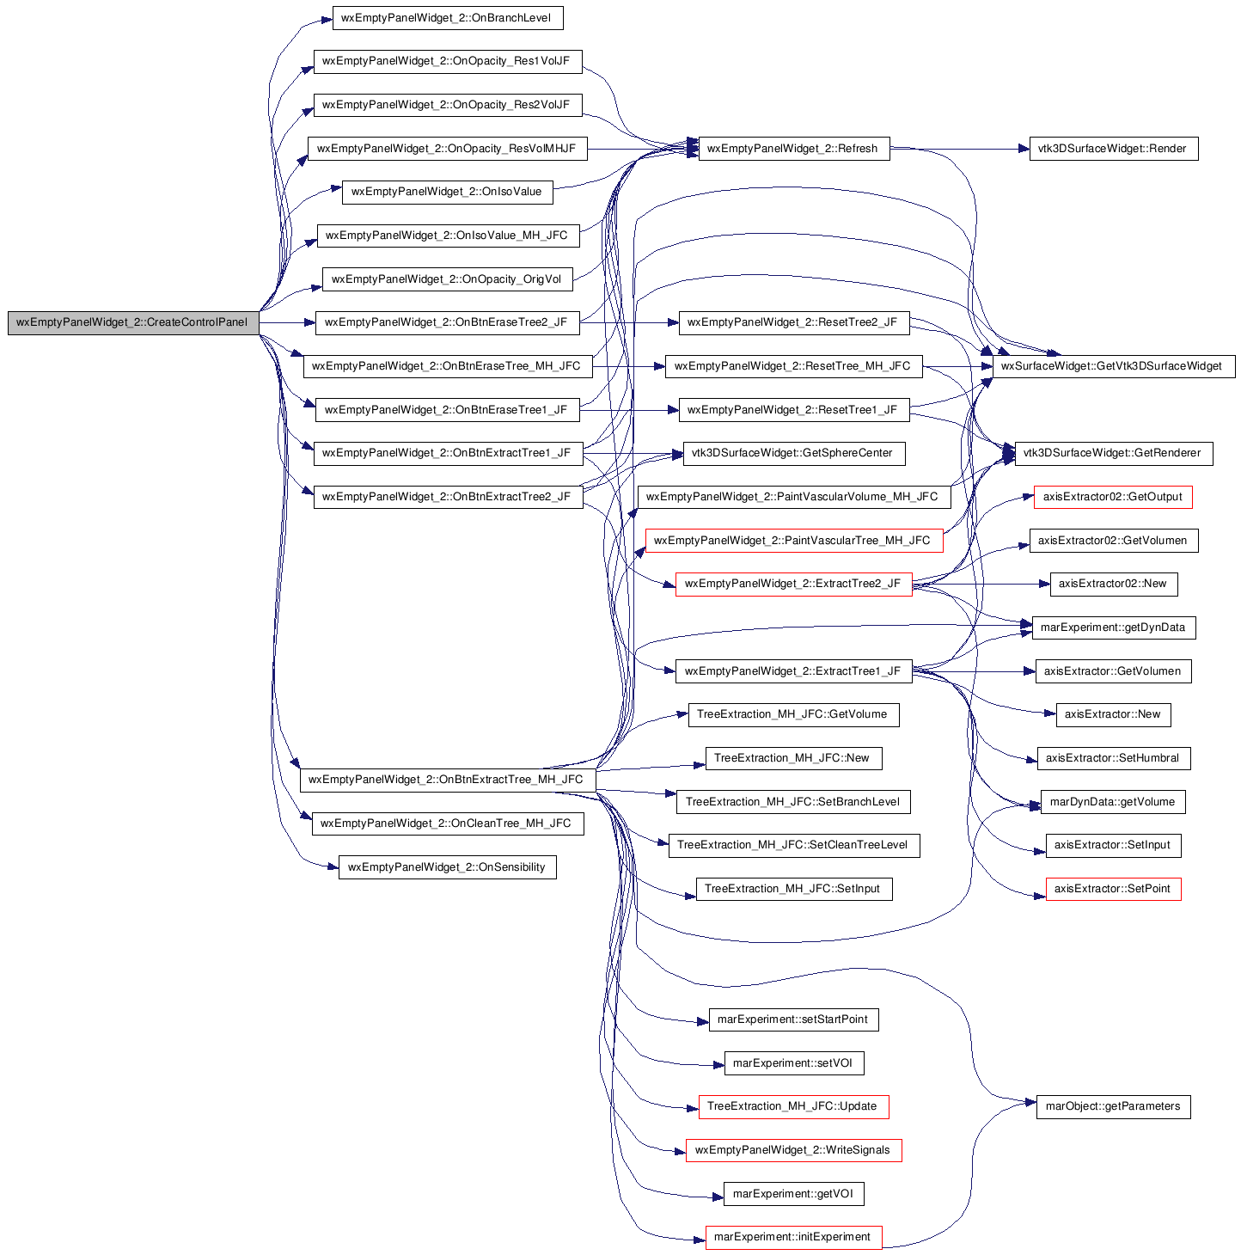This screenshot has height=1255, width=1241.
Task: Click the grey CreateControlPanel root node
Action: click(133, 322)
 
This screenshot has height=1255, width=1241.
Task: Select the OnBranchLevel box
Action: click(447, 18)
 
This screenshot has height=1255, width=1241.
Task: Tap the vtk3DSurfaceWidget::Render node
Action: click(1113, 149)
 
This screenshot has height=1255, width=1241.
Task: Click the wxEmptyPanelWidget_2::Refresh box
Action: click(793, 149)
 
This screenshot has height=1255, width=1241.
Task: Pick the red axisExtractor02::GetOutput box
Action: click(1112, 497)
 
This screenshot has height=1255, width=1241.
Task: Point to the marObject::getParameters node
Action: click(1113, 1106)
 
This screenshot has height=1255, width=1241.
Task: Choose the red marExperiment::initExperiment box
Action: click(792, 1237)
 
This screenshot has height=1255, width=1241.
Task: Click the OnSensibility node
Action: click(447, 866)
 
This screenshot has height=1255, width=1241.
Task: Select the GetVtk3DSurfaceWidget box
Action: click(1113, 366)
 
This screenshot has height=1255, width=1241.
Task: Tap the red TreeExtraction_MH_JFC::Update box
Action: click(792, 1106)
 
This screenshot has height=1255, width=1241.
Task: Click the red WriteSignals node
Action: click(792, 1150)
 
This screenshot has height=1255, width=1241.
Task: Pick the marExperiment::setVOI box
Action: click(793, 1062)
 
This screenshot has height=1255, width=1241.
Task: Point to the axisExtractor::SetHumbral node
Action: click(1113, 758)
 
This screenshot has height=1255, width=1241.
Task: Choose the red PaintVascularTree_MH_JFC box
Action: click(793, 541)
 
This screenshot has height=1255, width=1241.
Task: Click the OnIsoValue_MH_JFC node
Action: click(448, 236)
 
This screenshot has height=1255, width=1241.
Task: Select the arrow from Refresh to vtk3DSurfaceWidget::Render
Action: click(959, 150)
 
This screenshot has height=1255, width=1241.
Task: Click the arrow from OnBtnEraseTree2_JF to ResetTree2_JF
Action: click(628, 323)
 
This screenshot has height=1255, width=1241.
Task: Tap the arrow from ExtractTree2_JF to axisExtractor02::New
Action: click(981, 585)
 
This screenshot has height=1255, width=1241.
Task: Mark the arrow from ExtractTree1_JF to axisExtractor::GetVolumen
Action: click(973, 671)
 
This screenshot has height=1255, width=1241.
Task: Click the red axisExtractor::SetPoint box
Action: click(1113, 889)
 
